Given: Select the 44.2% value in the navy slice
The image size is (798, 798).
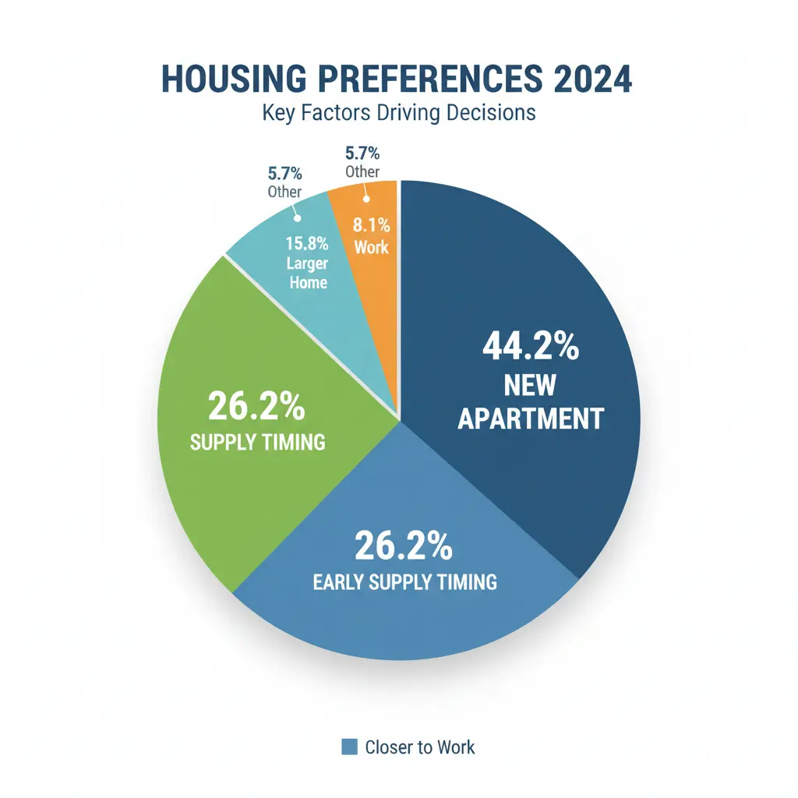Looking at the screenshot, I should click(530, 347).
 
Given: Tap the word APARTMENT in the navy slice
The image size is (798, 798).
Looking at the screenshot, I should click(530, 418).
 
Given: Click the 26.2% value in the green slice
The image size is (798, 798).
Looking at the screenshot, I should click(256, 407).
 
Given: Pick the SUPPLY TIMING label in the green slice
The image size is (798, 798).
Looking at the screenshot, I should click(257, 443).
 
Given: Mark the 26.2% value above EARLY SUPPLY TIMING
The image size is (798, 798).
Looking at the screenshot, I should click(403, 546).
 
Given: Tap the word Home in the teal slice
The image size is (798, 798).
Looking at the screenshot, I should click(309, 282).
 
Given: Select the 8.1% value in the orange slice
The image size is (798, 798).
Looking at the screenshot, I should click(371, 228).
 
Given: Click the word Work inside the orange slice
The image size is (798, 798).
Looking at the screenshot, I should click(371, 248).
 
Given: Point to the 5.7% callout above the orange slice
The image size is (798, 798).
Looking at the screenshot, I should click(362, 154).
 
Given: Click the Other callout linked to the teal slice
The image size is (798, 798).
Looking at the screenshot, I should click(284, 191).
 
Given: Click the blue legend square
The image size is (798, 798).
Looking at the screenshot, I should click(350, 747).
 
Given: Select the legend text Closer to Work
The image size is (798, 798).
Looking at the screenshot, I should click(419, 747).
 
